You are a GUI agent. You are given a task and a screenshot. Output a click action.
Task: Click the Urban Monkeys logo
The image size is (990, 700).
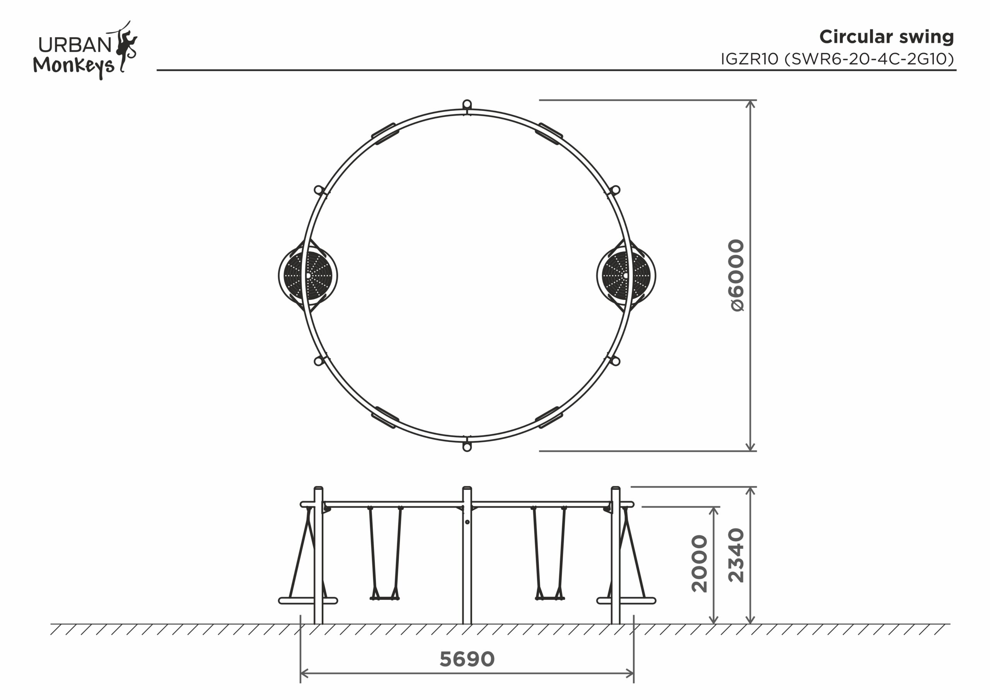[85, 50]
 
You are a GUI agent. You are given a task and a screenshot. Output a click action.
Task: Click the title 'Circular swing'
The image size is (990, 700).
[886, 37]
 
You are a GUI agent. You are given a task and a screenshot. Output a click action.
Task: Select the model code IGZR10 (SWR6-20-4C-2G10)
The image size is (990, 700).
[837, 59]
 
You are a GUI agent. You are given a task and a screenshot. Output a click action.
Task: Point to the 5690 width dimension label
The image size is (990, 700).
[467, 659]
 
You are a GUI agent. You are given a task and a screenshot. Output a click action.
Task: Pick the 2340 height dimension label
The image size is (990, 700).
[736, 555]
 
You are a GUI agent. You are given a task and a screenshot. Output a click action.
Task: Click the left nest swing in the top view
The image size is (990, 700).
[308, 276]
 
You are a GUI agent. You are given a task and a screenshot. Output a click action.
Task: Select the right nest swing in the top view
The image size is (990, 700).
[626, 276]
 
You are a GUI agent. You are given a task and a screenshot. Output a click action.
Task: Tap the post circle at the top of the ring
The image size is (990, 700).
[467, 104]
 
